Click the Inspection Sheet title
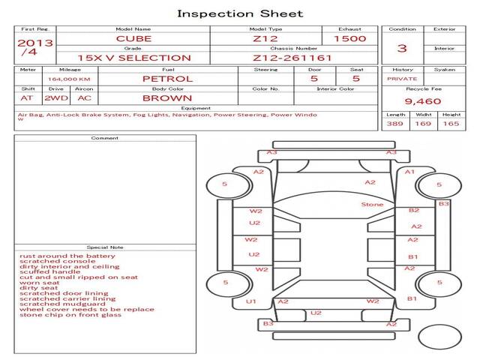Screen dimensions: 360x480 coord(240,13)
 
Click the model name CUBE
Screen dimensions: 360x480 coord(133,38)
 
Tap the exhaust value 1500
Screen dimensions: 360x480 coord(349,38)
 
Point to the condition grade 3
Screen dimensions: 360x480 coord(402,48)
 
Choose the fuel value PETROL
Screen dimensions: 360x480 coord(167,78)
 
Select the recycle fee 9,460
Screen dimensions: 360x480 coord(422,100)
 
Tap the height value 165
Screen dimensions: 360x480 coord(451,124)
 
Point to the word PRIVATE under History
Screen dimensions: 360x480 coord(402,78)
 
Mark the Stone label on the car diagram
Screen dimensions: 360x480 coord(372,205)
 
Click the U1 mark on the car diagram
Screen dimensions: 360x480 coord(251,301)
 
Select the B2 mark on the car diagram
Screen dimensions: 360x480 coord(413,211)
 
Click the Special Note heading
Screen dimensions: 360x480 coord(104,247)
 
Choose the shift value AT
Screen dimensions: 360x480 coord(27,97)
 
